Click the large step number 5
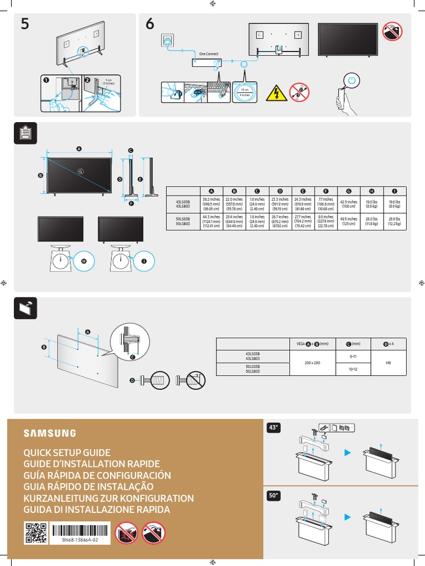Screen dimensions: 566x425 coord(25,25)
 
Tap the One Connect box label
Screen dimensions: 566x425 coord(210,54)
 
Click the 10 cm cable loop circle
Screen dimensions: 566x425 coord(245,92)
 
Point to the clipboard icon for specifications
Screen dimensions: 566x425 coord(25,134)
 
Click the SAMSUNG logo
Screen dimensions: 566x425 coord(50,433)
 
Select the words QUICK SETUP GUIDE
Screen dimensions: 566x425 coord(66,453)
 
